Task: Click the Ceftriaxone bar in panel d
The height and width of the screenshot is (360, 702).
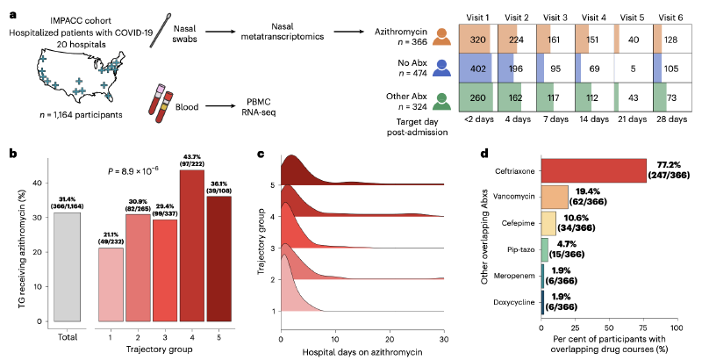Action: click(x=593, y=169)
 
